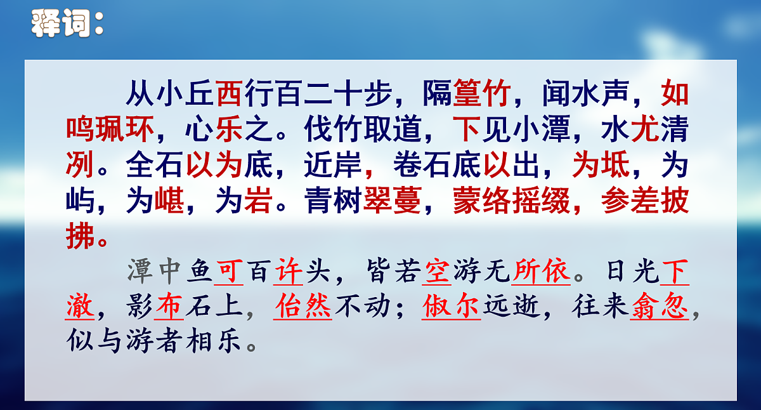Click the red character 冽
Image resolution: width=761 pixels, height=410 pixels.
81,166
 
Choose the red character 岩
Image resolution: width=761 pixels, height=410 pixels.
259,202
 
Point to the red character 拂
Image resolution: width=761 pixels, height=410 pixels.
81,237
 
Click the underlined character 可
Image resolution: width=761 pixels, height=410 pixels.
230,272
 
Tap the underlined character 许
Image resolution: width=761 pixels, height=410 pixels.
289,272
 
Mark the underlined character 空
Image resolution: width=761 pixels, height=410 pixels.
438,272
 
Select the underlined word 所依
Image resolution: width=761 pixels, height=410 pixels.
542,272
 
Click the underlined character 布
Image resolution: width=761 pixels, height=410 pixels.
169,308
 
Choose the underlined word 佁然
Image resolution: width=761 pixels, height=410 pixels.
304,308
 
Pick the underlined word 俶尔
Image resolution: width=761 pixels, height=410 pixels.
452,308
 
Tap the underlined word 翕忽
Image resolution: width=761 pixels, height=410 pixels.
660,308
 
